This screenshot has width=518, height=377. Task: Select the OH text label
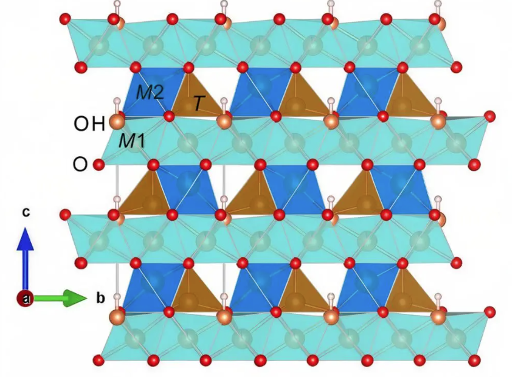(x=89, y=125)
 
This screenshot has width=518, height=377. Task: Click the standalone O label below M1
(x=80, y=164)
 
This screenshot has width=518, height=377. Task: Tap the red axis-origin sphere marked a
(x=25, y=298)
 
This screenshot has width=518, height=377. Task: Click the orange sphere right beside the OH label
(x=115, y=123)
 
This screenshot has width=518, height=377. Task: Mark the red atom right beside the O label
(x=99, y=164)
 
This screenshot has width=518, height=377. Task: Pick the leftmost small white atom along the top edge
(x=117, y=5)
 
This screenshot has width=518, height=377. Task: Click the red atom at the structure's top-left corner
(x=65, y=19)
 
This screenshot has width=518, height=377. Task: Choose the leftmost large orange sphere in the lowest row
(x=116, y=317)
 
